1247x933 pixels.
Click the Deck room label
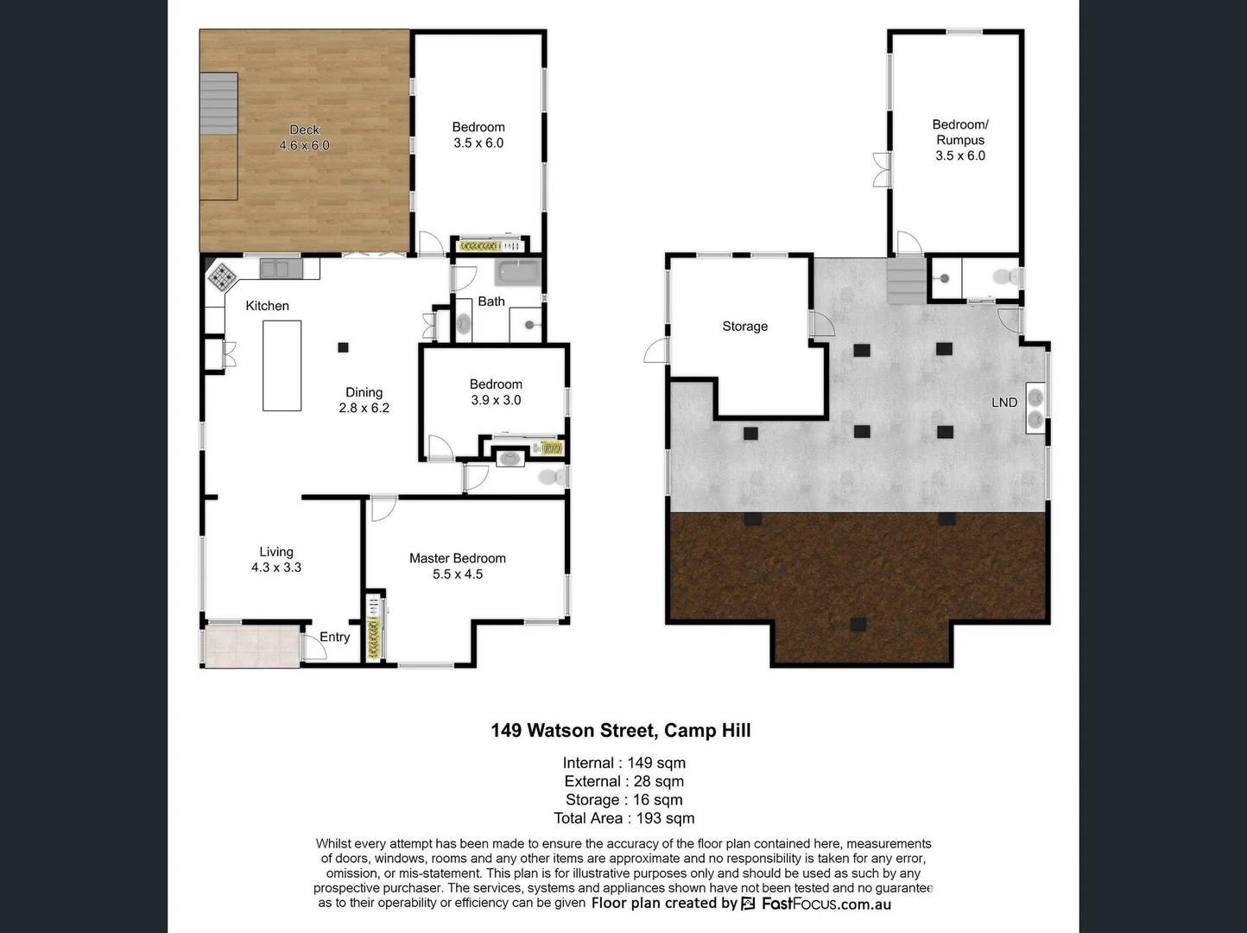tap(304, 137)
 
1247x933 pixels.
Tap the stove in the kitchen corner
tap(222, 277)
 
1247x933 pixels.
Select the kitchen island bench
tap(282, 365)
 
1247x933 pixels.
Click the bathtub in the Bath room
tap(517, 272)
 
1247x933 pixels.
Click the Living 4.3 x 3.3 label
tap(276, 559)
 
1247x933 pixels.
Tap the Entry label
tap(334, 637)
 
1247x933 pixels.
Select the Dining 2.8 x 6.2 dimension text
tap(364, 408)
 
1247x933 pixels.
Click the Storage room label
tap(744, 326)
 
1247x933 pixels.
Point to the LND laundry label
tap(1003, 402)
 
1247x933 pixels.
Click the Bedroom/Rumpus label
tap(959, 139)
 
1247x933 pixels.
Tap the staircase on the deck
tap(218, 103)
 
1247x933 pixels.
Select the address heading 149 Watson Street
tap(620, 730)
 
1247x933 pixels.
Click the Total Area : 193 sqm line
tap(623, 818)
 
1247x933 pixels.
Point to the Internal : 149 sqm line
tap(623, 763)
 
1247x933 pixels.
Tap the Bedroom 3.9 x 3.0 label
tap(496, 391)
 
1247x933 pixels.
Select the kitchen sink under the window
tap(275, 269)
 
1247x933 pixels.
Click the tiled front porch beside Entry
tap(250, 646)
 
